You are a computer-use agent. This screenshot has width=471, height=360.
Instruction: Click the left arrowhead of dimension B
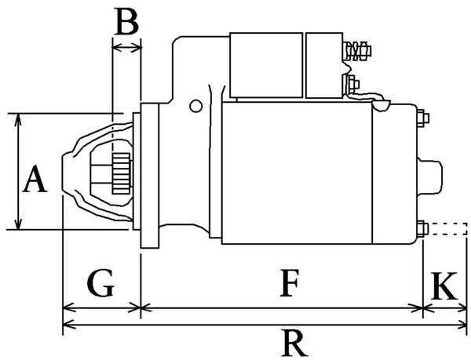pyautogui.click(x=116, y=47)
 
